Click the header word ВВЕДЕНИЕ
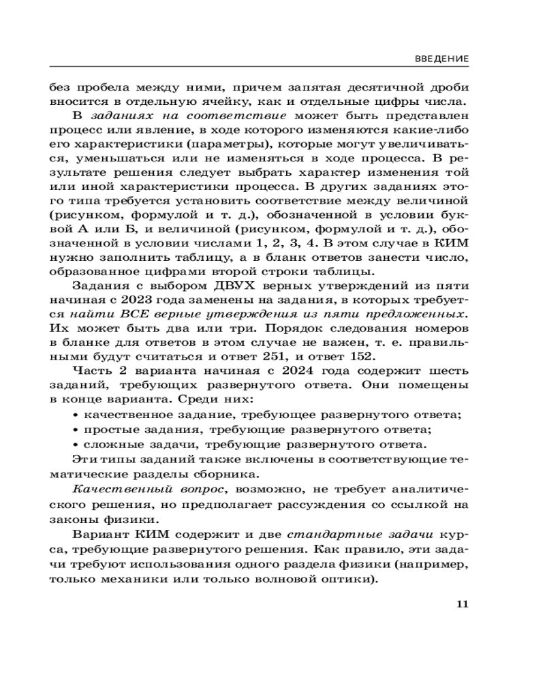click(441, 59)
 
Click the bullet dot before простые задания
click(76, 430)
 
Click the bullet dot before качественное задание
click(76, 415)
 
